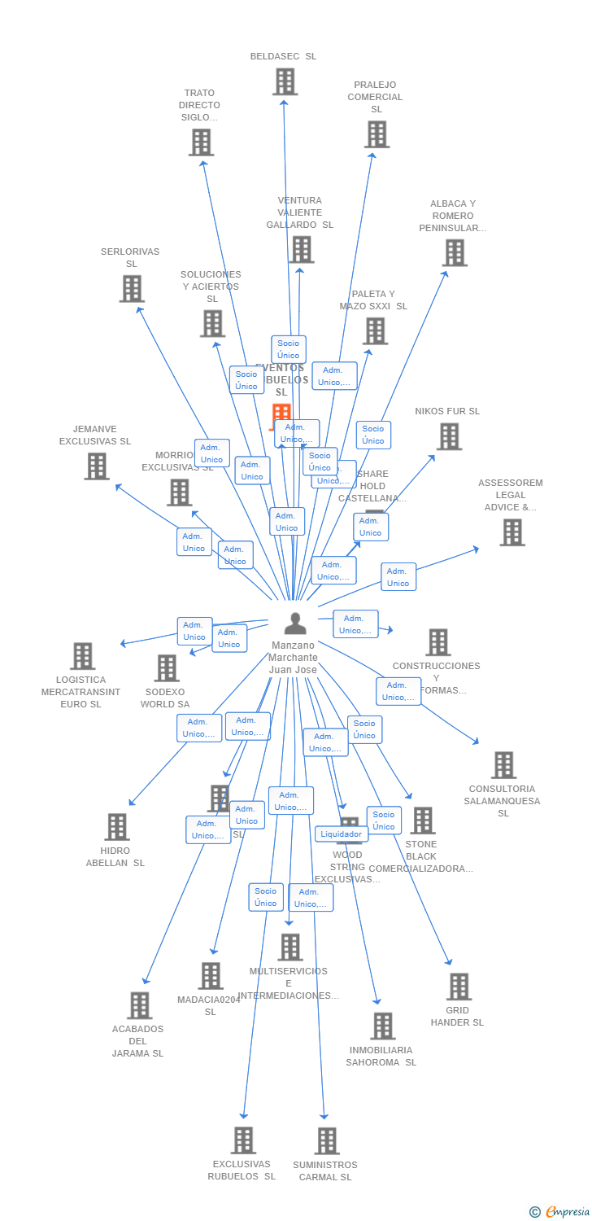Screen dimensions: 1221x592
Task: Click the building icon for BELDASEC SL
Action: pyautogui.click(x=285, y=81)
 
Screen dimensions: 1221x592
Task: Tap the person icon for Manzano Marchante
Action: pyautogui.click(x=295, y=624)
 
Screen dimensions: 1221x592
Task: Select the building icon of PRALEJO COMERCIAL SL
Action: pyautogui.click(x=377, y=134)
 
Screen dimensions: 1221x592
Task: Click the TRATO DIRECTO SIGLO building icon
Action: pyautogui.click(x=201, y=142)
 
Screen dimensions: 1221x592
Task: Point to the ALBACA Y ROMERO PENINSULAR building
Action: pyautogui.click(x=454, y=253)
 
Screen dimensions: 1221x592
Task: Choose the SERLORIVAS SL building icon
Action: pyautogui.click(x=132, y=289)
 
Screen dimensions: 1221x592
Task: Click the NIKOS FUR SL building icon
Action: pyautogui.click(x=449, y=437)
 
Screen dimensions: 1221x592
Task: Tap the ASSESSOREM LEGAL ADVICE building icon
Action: pyautogui.click(x=511, y=532)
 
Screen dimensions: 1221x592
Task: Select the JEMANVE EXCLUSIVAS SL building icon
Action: pyautogui.click(x=97, y=466)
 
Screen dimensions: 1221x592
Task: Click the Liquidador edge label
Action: pyautogui.click(x=341, y=834)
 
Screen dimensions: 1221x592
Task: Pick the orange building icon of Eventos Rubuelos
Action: pyautogui.click(x=281, y=414)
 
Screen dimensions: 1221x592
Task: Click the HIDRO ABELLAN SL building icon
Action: pyautogui.click(x=117, y=827)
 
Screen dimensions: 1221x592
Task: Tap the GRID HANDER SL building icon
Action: pyautogui.click(x=459, y=987)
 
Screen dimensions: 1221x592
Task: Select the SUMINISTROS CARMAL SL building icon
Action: pyautogui.click(x=327, y=1141)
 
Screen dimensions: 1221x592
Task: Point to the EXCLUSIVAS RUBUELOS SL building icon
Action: pyautogui.click(x=243, y=1140)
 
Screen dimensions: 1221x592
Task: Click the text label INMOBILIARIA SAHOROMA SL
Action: pyautogui.click(x=381, y=1056)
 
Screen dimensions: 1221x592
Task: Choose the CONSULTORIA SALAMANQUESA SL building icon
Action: pyautogui.click(x=503, y=765)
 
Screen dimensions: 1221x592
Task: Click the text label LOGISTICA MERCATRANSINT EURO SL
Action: pyautogui.click(x=81, y=692)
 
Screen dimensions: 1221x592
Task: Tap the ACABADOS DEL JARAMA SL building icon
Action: pyautogui.click(x=140, y=1005)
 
